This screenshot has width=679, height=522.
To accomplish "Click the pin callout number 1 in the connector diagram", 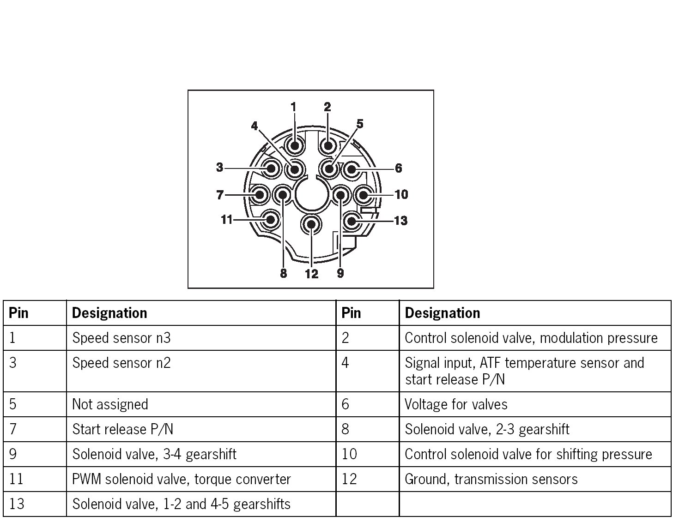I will point(293,107).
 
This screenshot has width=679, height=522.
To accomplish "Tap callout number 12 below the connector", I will point(312,274).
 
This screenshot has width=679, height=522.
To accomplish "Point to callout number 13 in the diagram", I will point(400,221).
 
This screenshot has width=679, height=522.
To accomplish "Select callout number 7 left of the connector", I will point(220,195).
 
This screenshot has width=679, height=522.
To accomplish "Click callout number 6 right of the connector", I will point(398,168).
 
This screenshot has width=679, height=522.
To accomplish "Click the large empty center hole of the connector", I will point(311,194).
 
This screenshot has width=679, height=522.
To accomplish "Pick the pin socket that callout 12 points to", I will point(311,224).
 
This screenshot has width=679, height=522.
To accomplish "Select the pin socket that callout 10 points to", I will point(363,195).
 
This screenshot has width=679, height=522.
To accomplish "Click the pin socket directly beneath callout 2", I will point(328,146).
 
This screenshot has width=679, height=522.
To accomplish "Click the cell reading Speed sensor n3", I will point(121,338).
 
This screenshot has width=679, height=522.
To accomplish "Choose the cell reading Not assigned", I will point(110,404).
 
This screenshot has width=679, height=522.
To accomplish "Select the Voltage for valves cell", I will point(456,404).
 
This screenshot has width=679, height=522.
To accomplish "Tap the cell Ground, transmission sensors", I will point(491,479).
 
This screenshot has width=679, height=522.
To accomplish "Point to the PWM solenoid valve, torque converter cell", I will point(182,479).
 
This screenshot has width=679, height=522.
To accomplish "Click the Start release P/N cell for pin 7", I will point(123,429).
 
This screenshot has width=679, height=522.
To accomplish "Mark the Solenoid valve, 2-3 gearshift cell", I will point(487,429).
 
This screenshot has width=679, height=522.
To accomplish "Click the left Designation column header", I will point(109,313).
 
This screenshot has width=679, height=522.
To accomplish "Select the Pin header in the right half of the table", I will point(351,313).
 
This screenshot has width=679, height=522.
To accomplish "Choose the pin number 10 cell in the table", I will point(349,454).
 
